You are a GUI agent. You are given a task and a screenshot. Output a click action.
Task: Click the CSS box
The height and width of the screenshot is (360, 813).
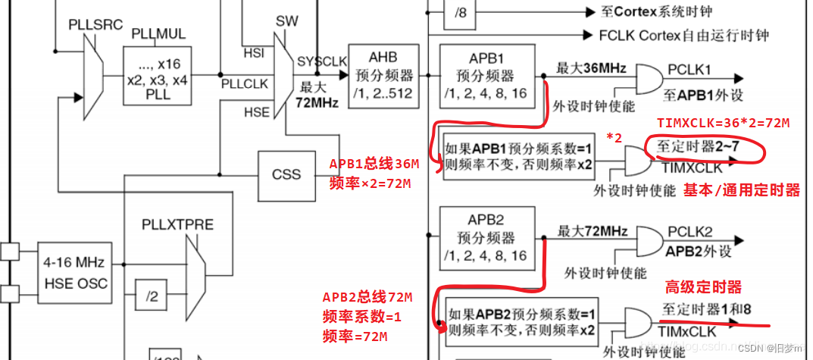[286, 174]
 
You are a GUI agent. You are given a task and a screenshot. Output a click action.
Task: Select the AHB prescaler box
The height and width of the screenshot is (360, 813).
[383, 76]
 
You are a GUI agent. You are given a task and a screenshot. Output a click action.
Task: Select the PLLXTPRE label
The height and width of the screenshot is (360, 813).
[178, 225]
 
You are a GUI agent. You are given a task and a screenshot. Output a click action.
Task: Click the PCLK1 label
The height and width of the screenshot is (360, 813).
[689, 70]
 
